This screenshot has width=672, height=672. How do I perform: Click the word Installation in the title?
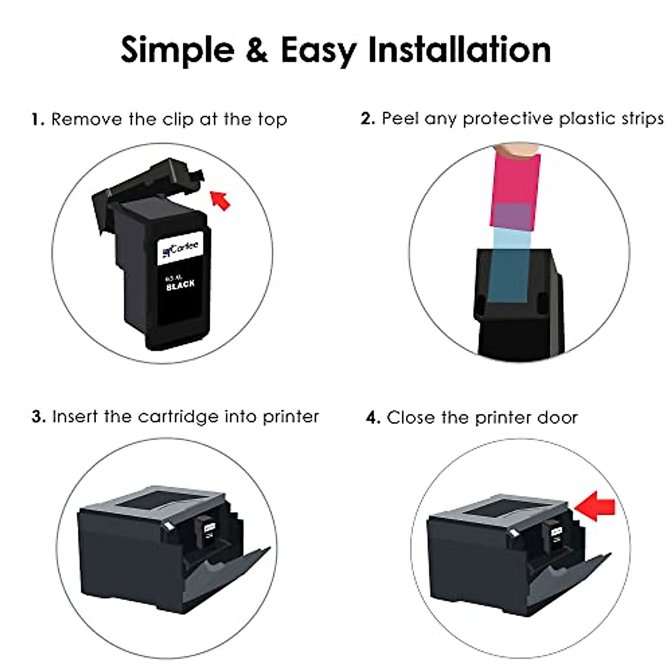pos(459,49)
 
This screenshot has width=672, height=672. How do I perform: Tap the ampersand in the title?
pos(256,49)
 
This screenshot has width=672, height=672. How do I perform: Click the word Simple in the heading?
pos(178,50)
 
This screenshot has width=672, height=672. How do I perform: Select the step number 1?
pos(37,119)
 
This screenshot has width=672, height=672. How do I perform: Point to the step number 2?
pos(367,118)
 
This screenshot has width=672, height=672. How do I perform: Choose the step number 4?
pos(373,417)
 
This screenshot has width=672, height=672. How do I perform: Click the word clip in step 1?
pos(178,119)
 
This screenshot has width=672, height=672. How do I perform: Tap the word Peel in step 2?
pos(400,118)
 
